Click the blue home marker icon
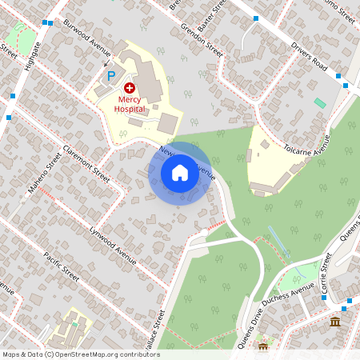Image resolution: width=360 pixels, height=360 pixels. [180, 173]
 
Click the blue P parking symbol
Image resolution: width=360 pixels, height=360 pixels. [111, 77]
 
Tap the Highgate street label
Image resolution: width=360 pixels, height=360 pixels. [32, 56]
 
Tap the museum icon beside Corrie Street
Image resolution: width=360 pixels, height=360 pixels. [334, 322]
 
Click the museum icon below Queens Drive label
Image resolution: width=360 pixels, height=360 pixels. [263, 347]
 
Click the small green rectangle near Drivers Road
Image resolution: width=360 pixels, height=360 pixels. [320, 103]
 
